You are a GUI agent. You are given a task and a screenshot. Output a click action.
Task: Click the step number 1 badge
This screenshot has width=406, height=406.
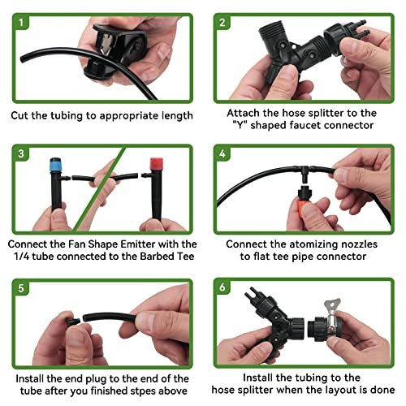(20, 22)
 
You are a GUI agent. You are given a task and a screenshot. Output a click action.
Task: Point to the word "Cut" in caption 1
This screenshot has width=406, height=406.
(21, 115)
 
